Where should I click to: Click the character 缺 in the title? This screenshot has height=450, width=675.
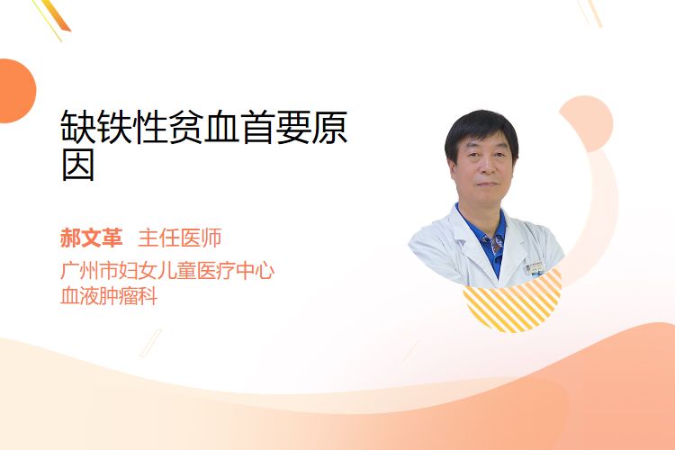click(78, 127)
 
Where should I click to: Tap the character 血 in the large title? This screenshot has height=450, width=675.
click(221, 127)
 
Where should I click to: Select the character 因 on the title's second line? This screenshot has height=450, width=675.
click(78, 166)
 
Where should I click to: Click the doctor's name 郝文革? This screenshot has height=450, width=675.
click(91, 238)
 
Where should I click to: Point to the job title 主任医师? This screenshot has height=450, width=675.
click(179, 238)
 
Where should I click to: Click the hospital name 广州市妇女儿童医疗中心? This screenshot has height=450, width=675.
click(167, 271)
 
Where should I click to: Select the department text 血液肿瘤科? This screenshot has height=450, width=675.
click(109, 296)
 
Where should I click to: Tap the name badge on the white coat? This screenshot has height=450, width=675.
click(535, 267)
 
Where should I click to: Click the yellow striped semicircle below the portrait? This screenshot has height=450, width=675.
click(513, 301)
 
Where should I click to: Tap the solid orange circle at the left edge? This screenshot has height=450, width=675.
click(16, 91)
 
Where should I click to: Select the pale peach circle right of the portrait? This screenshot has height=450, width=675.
click(587, 123)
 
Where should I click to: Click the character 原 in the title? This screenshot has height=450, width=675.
click(329, 127)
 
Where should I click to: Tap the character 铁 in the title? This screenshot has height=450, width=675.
click(113, 127)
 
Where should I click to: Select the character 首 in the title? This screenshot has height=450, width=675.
click(257, 127)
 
